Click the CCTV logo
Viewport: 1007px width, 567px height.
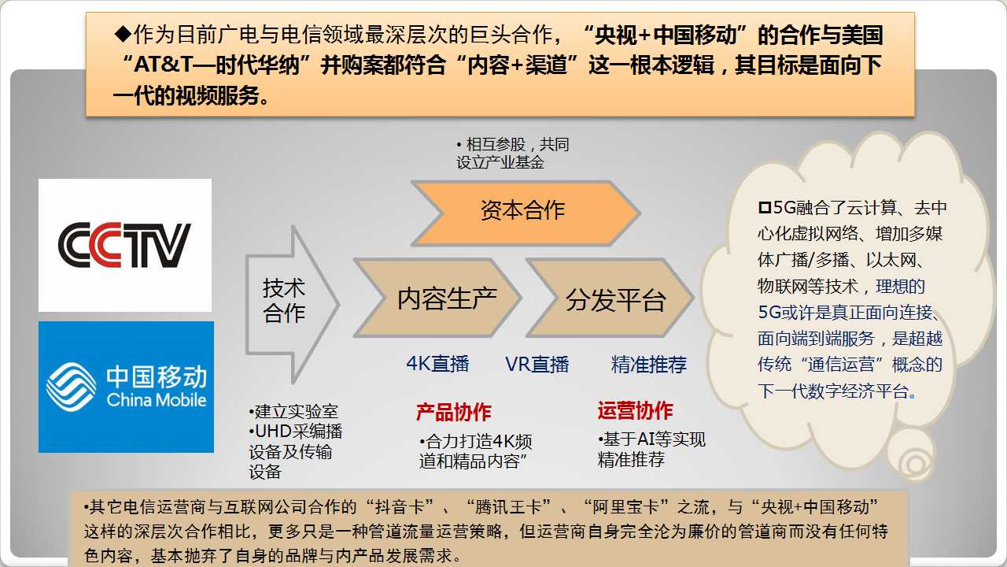(x=124, y=245)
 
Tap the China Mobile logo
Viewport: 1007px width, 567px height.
(x=127, y=387)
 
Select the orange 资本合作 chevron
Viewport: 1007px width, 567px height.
(x=525, y=213)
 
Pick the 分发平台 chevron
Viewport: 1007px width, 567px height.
(x=610, y=298)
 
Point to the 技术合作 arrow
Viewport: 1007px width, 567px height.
(x=292, y=304)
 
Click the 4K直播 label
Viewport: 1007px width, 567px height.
(x=437, y=364)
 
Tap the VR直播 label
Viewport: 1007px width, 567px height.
(x=537, y=364)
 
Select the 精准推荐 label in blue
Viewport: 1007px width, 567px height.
(x=649, y=364)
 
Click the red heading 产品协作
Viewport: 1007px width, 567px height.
(x=454, y=412)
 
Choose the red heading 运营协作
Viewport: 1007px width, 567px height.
(x=635, y=410)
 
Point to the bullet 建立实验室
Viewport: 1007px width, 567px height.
(x=293, y=411)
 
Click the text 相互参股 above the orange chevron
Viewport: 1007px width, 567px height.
(x=496, y=144)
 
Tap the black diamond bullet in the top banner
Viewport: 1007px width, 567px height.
(x=123, y=34)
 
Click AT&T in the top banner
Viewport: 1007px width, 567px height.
(x=164, y=65)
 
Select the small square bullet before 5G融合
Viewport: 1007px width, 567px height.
(x=765, y=207)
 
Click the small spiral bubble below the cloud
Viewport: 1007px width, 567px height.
(x=912, y=455)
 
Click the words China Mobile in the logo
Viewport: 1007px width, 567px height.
(x=157, y=399)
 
